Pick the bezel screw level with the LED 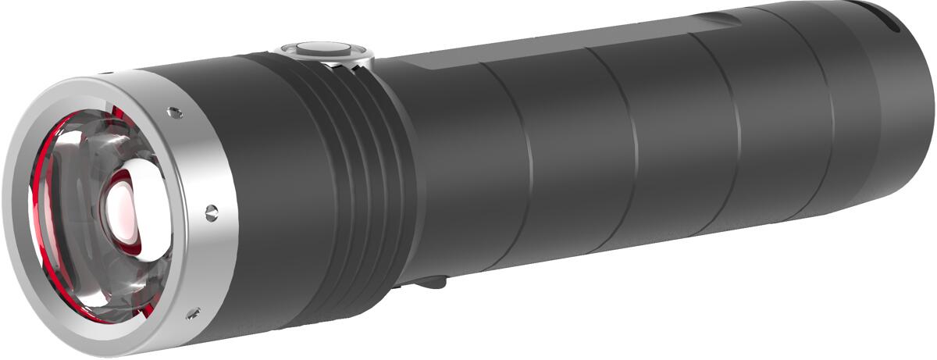pyautogui.click(x=211, y=209)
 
